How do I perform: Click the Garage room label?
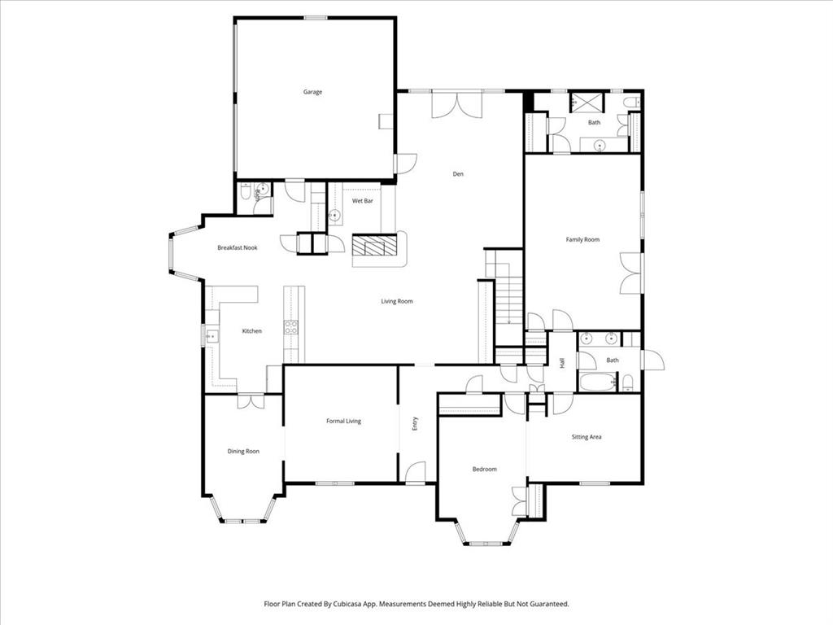[312, 92]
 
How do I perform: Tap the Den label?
[458, 173]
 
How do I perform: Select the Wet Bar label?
[362, 200]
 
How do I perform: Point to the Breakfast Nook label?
[238, 247]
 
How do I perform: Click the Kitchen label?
[252, 331]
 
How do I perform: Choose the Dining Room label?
[243, 451]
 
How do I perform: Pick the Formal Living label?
[343, 421]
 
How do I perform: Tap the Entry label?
[414, 423]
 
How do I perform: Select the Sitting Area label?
[586, 437]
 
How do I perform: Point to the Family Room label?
[582, 239]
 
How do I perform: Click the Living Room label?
[397, 301]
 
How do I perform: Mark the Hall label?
[561, 362]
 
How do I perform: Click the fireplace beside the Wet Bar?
[377, 246]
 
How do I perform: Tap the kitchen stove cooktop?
[290, 327]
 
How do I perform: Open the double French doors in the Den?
[457, 105]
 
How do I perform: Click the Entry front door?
[416, 472]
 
